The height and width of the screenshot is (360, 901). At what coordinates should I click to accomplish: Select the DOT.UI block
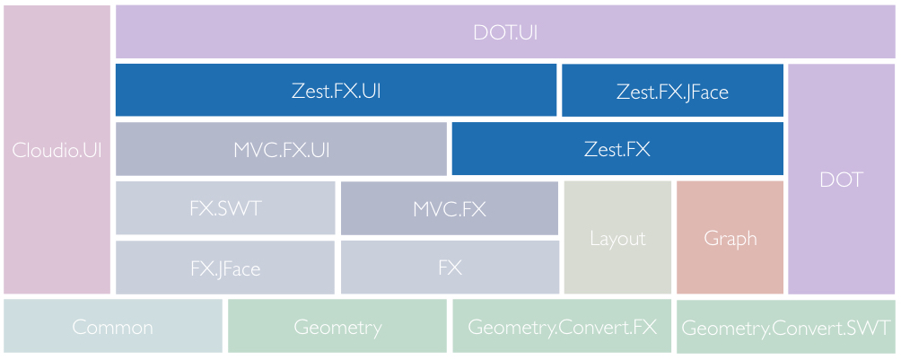(x=505, y=32)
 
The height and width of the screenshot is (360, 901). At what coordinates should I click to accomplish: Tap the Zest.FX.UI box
(x=336, y=91)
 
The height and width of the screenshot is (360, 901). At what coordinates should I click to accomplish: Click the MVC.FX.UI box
(x=281, y=149)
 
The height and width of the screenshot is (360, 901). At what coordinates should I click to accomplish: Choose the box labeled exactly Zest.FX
(x=617, y=149)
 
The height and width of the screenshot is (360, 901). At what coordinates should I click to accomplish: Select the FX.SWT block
(x=225, y=207)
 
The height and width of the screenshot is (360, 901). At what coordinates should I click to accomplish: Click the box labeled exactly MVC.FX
(x=450, y=207)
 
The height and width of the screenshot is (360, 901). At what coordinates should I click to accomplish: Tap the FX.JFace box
(x=225, y=267)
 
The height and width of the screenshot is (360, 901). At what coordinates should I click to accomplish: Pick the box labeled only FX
(x=450, y=267)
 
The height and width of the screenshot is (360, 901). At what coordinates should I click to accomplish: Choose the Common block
(x=113, y=327)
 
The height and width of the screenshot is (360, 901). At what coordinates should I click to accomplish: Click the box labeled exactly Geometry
(x=337, y=327)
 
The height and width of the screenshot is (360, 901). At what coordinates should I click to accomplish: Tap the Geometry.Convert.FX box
(x=562, y=327)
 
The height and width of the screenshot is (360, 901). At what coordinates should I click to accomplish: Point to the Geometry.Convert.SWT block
(x=786, y=327)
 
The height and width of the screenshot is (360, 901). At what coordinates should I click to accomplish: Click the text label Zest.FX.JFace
(x=672, y=92)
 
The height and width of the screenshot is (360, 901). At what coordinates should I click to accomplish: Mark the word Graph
(x=730, y=239)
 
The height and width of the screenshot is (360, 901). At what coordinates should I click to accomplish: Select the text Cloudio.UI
(x=57, y=150)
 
